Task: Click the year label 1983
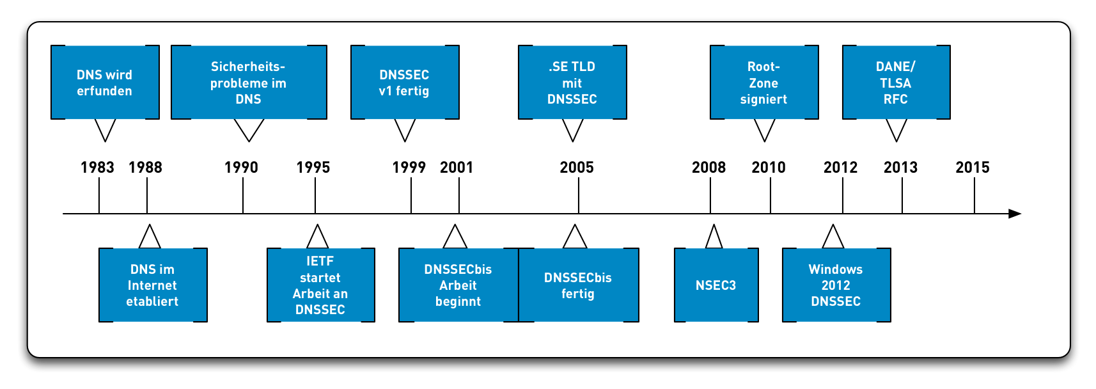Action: pyautogui.click(x=97, y=168)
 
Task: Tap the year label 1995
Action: pyautogui.click(x=313, y=168)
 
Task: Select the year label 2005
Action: pyautogui.click(x=577, y=168)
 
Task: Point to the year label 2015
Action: pyautogui.click(x=973, y=168)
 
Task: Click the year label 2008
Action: pyautogui.click(x=708, y=168)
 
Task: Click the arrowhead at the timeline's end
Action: pyautogui.click(x=1015, y=214)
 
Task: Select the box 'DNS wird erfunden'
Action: pyautogui.click(x=105, y=83)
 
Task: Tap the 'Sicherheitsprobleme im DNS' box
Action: pyautogui.click(x=249, y=83)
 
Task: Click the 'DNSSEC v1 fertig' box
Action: pyautogui.click(x=405, y=83)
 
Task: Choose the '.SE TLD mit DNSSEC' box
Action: pyautogui.click(x=572, y=83)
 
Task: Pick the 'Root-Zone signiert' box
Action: pyautogui.click(x=764, y=83)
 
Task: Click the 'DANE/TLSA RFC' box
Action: pyautogui.click(x=896, y=83)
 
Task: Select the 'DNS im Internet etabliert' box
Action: pyautogui.click(x=153, y=285)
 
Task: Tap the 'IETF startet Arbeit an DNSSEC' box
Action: pyautogui.click(x=320, y=285)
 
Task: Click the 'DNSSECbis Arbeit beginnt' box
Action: pyautogui.click(x=458, y=285)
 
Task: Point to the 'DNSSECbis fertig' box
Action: pyautogui.click(x=579, y=285)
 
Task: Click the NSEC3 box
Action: pyautogui.click(x=716, y=285)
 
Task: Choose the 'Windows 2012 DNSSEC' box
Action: pyautogui.click(x=836, y=285)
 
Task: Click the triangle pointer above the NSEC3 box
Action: pyautogui.click(x=714, y=238)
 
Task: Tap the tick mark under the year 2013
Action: pyautogui.click(x=902, y=196)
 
